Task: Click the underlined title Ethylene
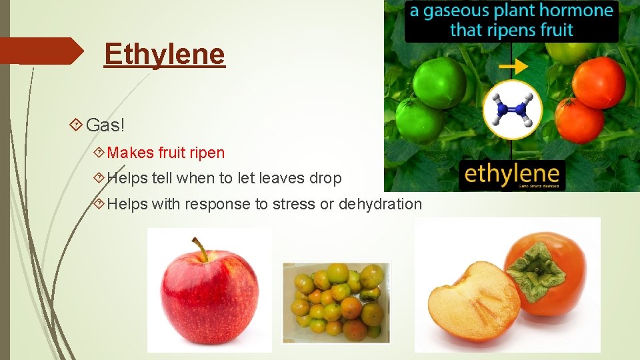click(165, 54)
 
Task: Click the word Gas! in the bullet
click(105, 125)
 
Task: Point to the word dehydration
click(380, 204)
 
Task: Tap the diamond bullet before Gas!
click(75, 125)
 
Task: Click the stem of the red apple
click(198, 249)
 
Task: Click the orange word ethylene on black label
click(512, 175)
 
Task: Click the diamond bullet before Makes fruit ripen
click(99, 153)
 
